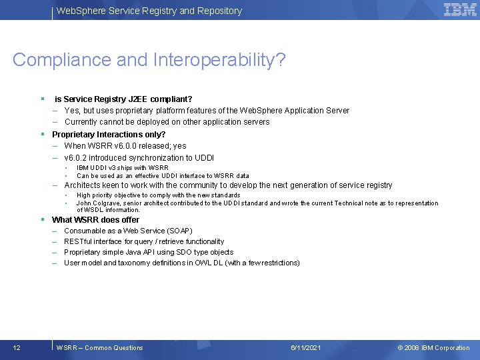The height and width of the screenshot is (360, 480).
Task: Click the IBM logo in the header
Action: click(x=460, y=10)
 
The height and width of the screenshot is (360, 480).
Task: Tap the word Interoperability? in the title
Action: click(x=219, y=60)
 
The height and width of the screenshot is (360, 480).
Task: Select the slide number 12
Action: click(x=17, y=347)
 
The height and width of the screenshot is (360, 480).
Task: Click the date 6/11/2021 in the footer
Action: click(x=306, y=347)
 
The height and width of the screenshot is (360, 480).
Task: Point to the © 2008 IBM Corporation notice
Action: click(x=433, y=347)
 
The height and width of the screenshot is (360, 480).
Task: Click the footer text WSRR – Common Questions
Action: click(x=100, y=347)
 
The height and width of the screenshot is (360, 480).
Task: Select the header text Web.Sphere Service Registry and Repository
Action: click(x=149, y=11)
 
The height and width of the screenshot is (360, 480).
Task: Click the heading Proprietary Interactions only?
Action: click(x=109, y=134)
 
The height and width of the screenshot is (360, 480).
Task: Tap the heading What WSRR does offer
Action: click(x=95, y=219)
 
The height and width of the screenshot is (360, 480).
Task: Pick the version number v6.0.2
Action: click(x=77, y=158)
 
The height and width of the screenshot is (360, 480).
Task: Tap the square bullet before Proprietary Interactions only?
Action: click(x=41, y=134)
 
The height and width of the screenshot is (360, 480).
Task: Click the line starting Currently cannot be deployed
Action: click(x=167, y=122)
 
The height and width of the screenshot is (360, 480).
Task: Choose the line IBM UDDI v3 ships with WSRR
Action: click(x=122, y=168)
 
